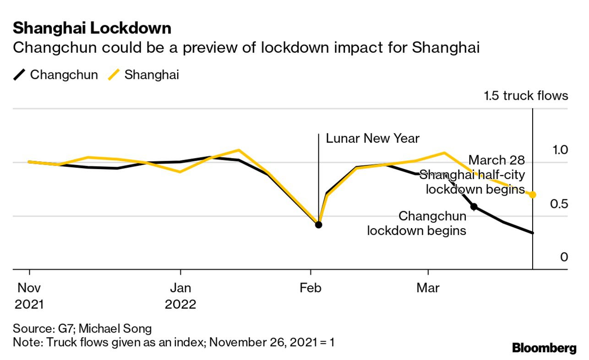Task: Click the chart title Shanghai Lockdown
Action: pyautogui.click(x=92, y=28)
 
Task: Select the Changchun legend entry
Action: pyautogui.click(x=55, y=75)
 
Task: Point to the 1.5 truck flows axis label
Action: pyautogui.click(x=526, y=96)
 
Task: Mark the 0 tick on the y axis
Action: pyautogui.click(x=564, y=257)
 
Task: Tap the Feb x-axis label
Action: pyautogui.click(x=311, y=288)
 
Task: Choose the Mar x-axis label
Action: pyautogui.click(x=428, y=288)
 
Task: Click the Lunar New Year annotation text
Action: pyautogui.click(x=372, y=138)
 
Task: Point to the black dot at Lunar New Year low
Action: pyautogui.click(x=318, y=224)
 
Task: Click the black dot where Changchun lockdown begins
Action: pyautogui.click(x=474, y=207)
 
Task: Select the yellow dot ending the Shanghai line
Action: pyautogui.click(x=533, y=195)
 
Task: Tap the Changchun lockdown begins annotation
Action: pyautogui.click(x=417, y=224)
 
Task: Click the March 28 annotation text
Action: pyautogui.click(x=497, y=160)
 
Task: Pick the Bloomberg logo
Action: pyautogui.click(x=544, y=348)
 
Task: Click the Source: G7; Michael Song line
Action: pyautogui.click(x=82, y=328)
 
